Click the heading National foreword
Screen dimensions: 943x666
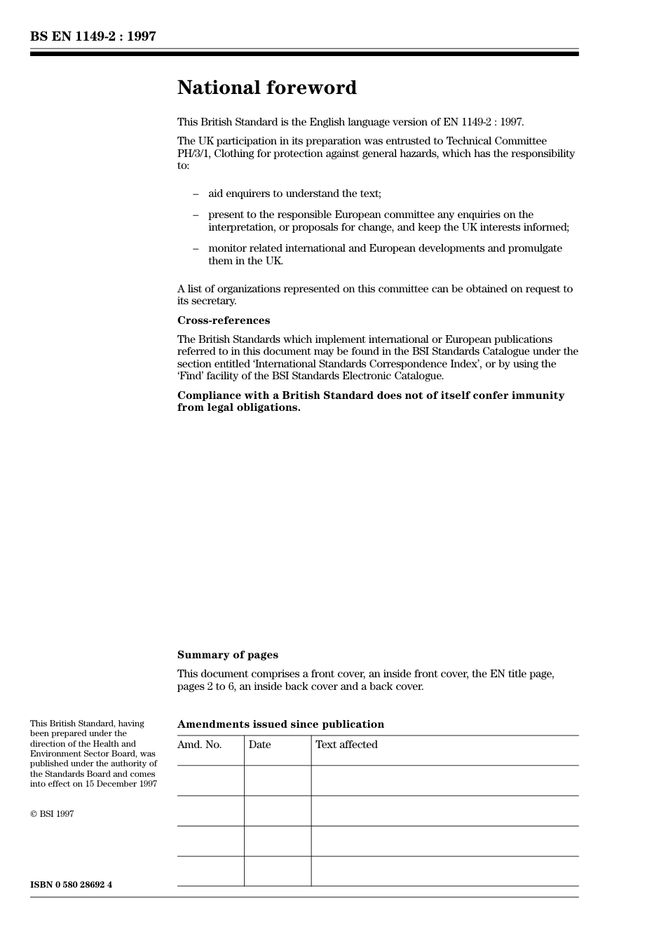tap(266, 88)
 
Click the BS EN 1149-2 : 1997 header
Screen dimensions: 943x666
tap(93, 36)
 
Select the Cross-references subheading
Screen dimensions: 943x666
tap(223, 320)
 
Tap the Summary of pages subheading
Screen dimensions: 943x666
tap(227, 655)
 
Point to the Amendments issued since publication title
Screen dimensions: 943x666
tap(280, 724)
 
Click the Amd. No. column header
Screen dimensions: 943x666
tap(199, 745)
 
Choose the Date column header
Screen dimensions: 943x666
tap(259, 745)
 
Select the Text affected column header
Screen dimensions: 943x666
tap(346, 745)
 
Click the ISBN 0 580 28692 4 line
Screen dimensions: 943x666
tap(71, 884)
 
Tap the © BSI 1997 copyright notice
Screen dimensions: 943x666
tap(52, 814)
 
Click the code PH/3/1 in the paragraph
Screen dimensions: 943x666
tap(193, 154)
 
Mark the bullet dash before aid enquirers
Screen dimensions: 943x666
tap(196, 194)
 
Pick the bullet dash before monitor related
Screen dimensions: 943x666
tap(196, 248)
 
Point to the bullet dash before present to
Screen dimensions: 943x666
tap(196, 215)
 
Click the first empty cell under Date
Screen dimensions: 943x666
tap(278, 780)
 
